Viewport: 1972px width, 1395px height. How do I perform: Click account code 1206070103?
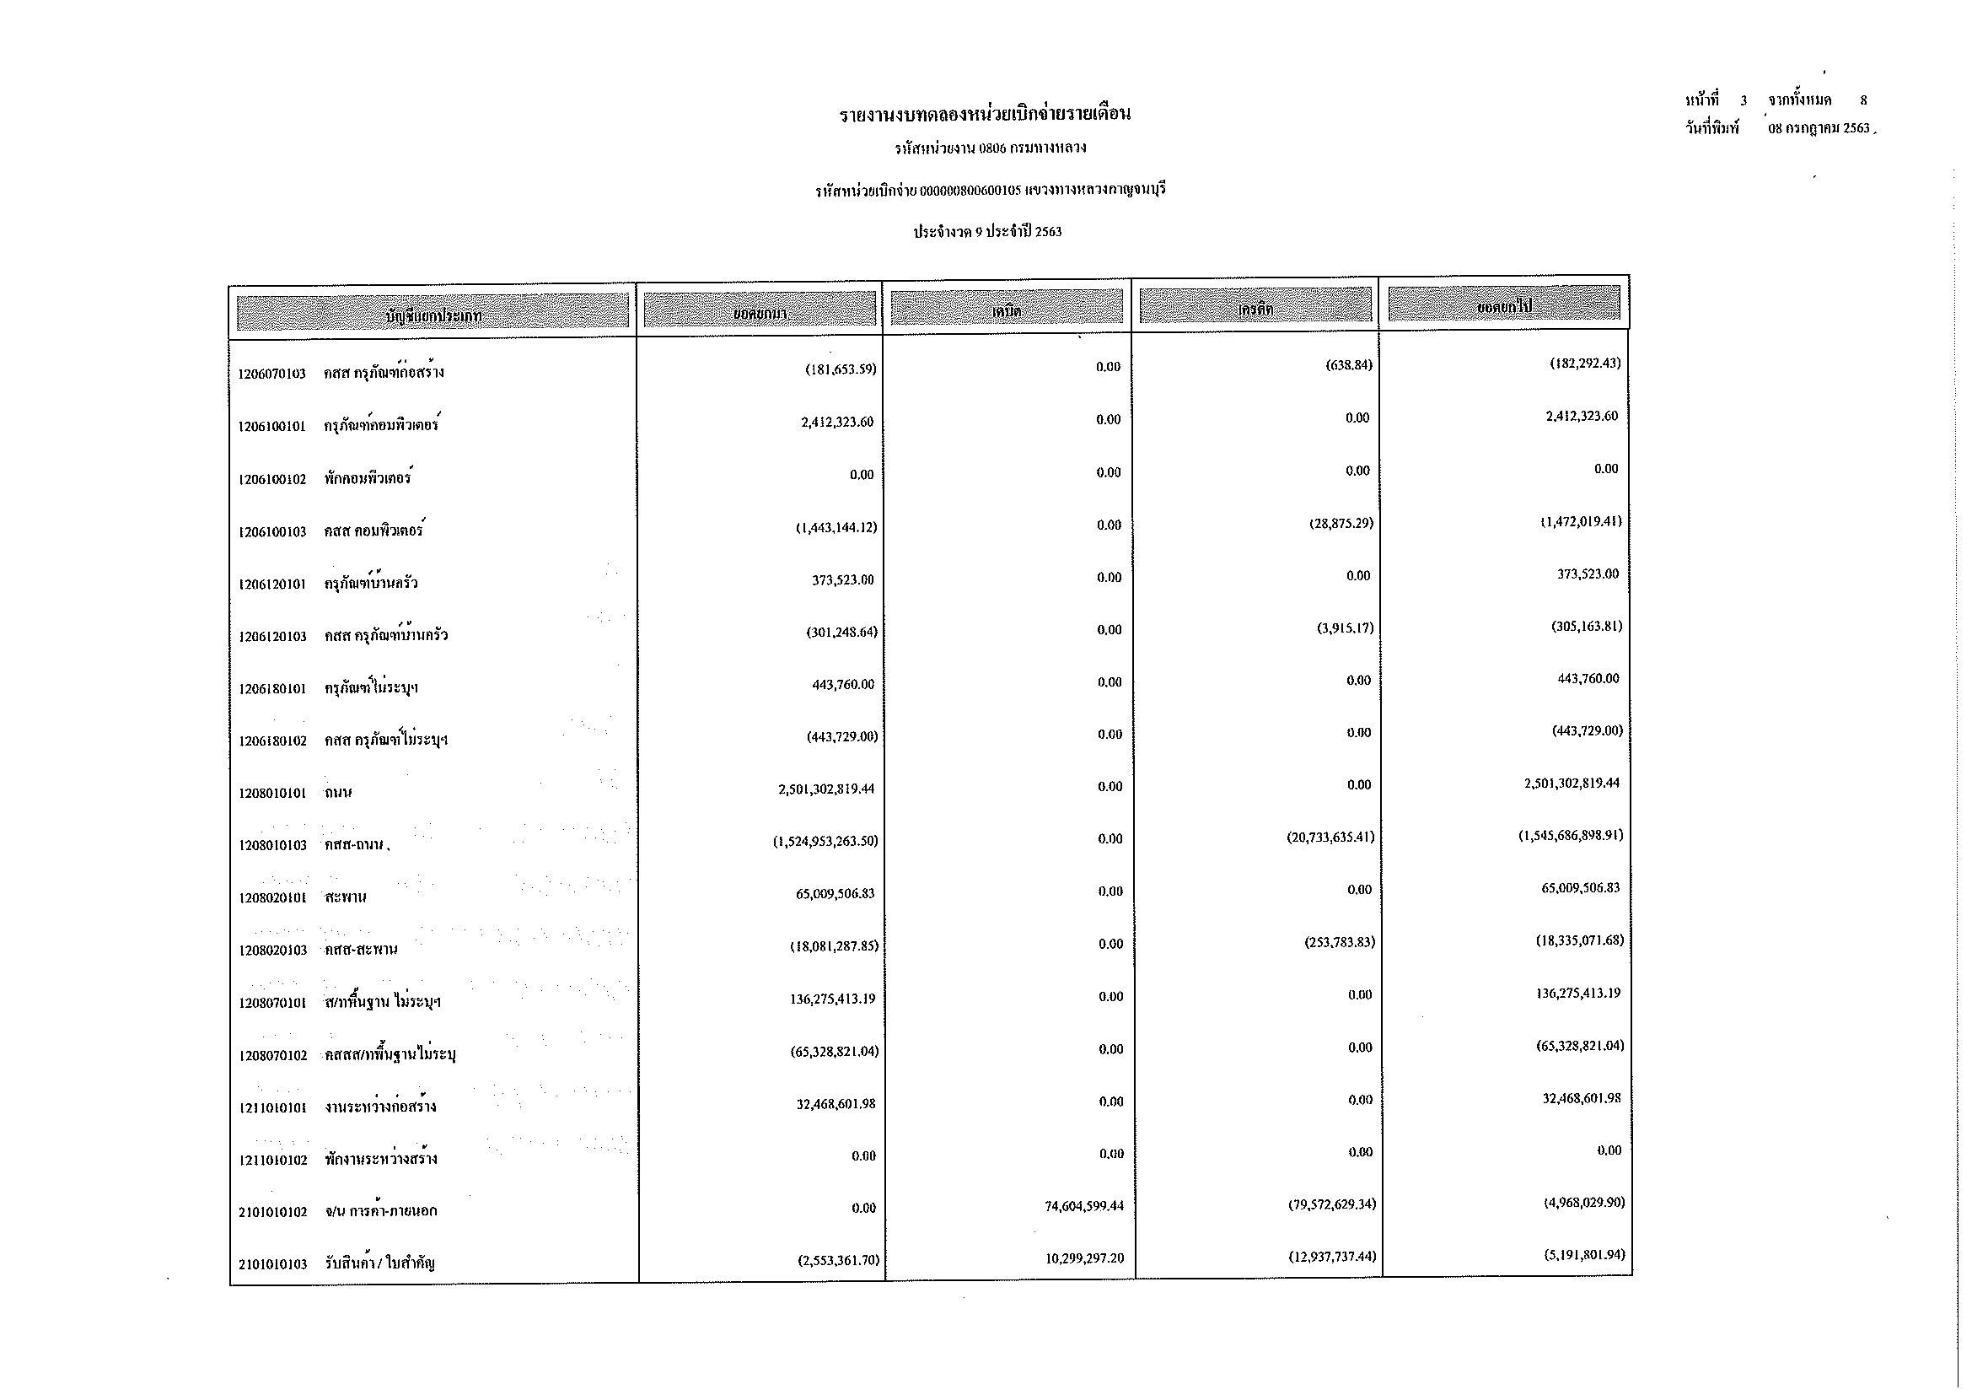(271, 374)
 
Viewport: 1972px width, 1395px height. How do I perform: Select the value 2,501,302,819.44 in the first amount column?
(826, 789)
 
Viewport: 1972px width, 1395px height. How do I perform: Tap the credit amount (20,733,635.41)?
(1330, 838)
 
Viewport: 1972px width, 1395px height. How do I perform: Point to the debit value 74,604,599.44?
(1084, 1206)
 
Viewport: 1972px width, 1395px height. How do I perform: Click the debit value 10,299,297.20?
(1084, 1258)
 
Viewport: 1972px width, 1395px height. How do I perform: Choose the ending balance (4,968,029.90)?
(1584, 1203)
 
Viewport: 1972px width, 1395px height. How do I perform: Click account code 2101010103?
(273, 1264)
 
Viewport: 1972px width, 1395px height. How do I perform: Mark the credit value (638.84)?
(1348, 365)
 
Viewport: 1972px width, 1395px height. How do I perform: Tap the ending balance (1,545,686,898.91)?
(1571, 835)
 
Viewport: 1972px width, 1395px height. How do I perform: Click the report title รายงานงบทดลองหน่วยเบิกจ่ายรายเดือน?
(985, 113)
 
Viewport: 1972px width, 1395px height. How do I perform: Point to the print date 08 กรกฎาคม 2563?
(1819, 128)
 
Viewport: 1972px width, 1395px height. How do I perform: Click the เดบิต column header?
(1007, 310)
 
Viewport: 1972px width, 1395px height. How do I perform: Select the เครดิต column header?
(1255, 309)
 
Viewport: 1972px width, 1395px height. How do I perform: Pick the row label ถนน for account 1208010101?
(338, 793)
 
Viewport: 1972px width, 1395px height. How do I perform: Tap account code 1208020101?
(273, 898)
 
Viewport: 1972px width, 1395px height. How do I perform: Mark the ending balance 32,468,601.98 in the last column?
(1581, 1099)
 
